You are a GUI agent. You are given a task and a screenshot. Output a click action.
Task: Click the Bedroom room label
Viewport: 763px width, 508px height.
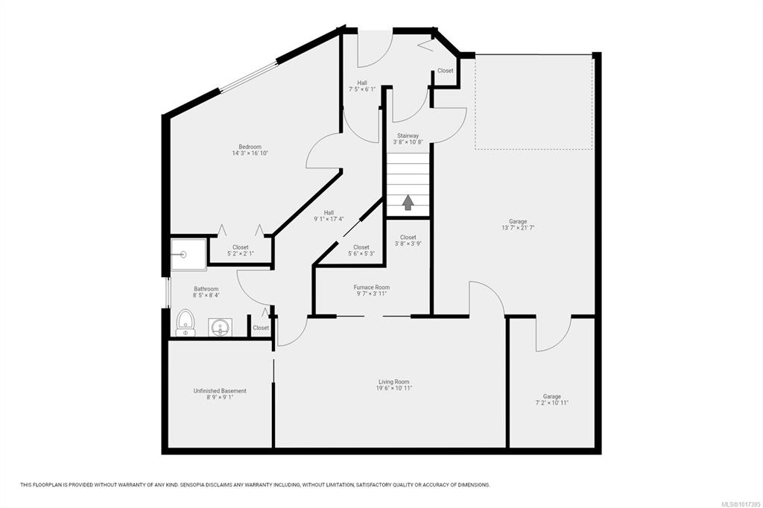coord(250,147)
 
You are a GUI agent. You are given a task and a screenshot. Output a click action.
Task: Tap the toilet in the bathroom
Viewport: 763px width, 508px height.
coord(186,322)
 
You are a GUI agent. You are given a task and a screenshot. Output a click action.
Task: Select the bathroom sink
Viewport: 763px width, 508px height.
coord(221,328)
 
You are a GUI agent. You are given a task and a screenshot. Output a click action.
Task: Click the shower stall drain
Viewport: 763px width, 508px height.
coord(183,253)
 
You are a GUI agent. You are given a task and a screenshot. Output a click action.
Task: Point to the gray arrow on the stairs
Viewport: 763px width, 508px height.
coord(408,203)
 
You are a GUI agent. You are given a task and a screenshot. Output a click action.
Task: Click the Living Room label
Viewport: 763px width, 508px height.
coord(393,382)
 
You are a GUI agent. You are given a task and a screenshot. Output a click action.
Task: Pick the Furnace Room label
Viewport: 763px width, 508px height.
coord(371,287)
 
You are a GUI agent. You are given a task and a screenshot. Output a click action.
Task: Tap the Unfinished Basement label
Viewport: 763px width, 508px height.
coord(220,391)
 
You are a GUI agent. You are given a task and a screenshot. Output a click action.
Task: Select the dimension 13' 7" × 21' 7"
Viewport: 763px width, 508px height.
coord(518,228)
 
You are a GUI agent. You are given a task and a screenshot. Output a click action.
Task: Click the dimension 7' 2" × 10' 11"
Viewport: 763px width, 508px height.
coord(552,403)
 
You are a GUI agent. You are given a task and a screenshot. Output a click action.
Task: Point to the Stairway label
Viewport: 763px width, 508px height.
coord(408,136)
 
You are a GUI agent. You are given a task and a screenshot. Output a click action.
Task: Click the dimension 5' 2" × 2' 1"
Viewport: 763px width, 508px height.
coord(241,253)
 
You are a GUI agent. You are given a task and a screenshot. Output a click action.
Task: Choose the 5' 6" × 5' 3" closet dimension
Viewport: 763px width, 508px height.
coord(361,253)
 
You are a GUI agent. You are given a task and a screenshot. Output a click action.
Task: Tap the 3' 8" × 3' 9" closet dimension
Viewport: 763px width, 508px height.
coord(408,244)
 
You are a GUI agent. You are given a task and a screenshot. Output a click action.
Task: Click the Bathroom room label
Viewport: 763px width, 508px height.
coord(206,288)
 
